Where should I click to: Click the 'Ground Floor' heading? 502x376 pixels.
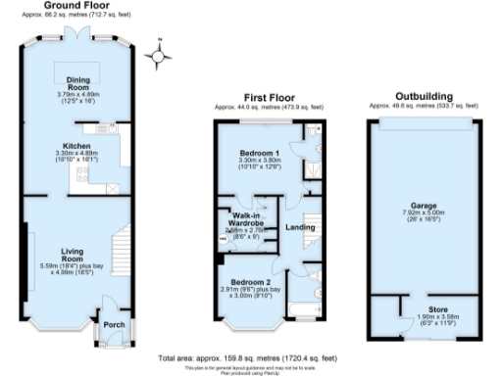click(75, 6)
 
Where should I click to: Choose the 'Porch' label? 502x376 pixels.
click(110, 327)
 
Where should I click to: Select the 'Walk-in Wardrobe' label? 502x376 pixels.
click(246, 217)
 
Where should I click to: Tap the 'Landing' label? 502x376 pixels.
click(299, 228)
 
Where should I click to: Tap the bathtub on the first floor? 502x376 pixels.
click(298, 314)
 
